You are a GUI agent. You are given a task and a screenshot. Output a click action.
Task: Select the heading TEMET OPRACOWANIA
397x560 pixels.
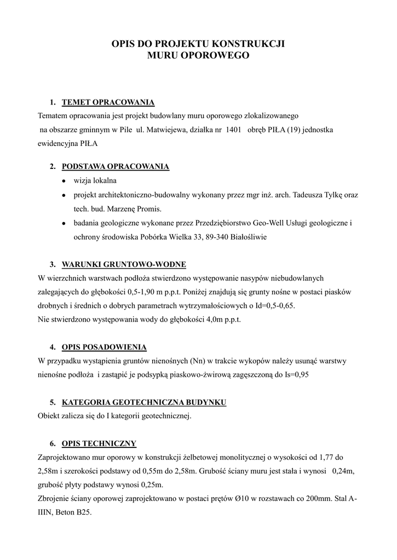(x=108, y=102)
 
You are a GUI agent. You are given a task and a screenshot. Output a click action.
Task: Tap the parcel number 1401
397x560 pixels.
(x=234, y=130)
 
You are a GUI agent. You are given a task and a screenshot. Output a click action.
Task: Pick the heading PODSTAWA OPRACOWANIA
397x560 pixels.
(x=116, y=166)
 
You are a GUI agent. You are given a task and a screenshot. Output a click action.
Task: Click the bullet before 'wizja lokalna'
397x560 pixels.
(x=64, y=181)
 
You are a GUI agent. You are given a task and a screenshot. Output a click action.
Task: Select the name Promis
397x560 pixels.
(x=147, y=209)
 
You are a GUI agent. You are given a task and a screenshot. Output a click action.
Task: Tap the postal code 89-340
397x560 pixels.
(x=203, y=238)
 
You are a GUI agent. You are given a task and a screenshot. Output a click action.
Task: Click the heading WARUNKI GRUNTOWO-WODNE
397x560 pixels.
(x=124, y=265)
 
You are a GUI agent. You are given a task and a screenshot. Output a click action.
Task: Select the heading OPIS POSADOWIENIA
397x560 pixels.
(x=104, y=347)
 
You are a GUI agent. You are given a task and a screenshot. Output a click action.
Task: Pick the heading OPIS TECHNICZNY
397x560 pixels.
(x=99, y=444)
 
